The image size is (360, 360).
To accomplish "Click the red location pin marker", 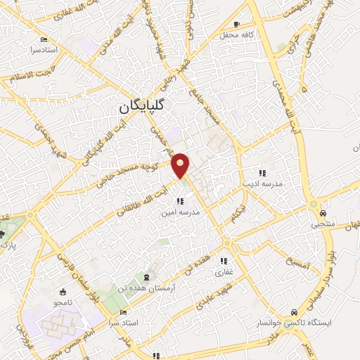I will pyautogui.click(x=181, y=165).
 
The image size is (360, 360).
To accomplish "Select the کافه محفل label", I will pyautogui.click(x=236, y=34).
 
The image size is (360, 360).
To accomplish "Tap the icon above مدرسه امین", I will pyautogui.click(x=180, y=201).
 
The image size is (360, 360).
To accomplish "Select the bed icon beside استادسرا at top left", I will pyautogui.click(x=44, y=39).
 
